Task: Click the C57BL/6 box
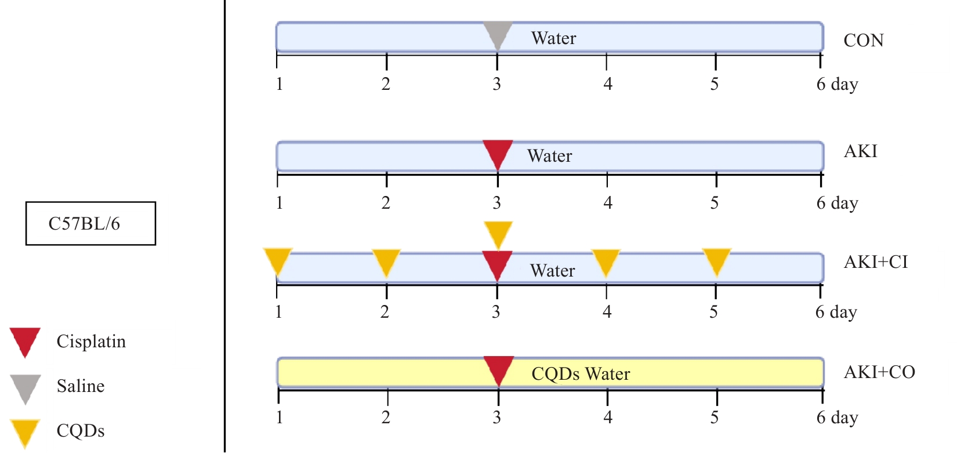tap(90, 223)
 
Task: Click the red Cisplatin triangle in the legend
tap(25, 340)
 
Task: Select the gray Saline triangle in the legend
tap(25, 387)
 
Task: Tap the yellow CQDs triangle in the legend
tap(25, 431)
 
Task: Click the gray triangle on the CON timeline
tap(498, 34)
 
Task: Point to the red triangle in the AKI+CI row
tap(497, 264)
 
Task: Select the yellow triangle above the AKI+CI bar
tap(498, 233)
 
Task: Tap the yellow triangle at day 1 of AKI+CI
tap(277, 260)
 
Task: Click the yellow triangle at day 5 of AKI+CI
tap(716, 260)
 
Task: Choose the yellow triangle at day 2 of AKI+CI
tap(386, 261)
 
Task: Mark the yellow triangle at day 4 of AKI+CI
tap(606, 261)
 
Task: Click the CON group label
tap(864, 41)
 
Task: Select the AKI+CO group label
tap(879, 372)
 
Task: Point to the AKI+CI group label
tap(876, 262)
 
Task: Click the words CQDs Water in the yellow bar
tap(581, 374)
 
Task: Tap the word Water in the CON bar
tap(553, 38)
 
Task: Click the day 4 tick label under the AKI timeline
tap(607, 202)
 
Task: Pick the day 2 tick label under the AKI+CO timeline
tap(386, 417)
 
